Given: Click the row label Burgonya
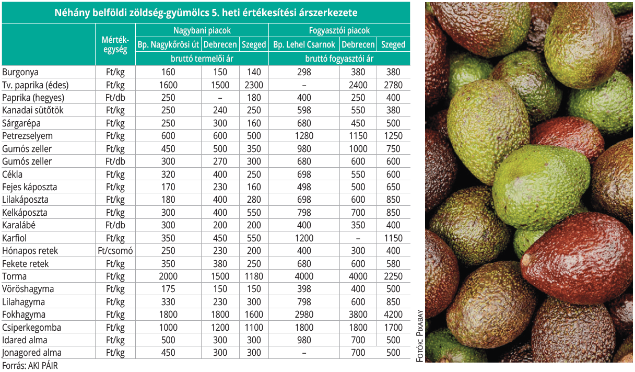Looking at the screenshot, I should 20,72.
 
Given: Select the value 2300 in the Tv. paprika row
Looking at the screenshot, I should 254,85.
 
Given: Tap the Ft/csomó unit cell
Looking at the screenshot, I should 115,251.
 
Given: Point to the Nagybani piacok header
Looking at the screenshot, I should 202,31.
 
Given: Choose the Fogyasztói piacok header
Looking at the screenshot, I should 339,31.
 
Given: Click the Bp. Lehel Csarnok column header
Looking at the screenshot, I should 304,44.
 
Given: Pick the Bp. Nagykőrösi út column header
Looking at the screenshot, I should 168,44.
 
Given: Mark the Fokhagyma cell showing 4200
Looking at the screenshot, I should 393,315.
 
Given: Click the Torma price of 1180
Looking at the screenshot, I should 254,276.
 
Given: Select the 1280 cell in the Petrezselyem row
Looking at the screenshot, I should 304,136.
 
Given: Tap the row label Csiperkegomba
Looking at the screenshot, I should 31,328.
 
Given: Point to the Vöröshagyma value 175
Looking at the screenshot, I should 168,289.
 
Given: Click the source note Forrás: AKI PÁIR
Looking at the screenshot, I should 30,366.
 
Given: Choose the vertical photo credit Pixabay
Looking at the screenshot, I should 419,335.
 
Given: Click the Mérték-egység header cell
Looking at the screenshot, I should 115,45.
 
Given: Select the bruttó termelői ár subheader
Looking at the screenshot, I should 202,59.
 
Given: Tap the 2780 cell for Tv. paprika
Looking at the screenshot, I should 393,85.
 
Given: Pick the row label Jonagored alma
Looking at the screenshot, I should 32,353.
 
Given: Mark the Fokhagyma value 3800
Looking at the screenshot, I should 358,315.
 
